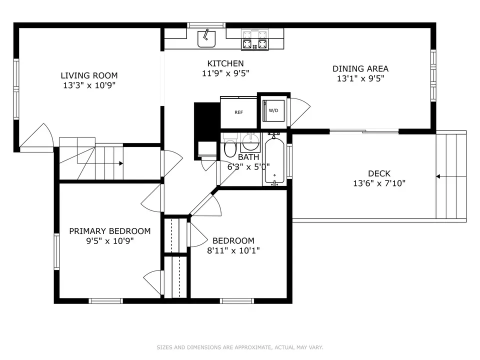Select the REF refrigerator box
pos(239,112)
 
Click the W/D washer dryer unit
pos(273,110)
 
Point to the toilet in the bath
pos(230,145)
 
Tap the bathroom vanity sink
pos(250,142)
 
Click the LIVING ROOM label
pos(89,75)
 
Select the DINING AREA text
pos(360,68)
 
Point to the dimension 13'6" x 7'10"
pos(379,183)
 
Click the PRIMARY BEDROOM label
pos(110,231)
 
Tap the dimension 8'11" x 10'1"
pos(233,250)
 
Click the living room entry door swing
pos(36,137)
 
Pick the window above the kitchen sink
pos(206,25)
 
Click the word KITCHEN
pos(225,63)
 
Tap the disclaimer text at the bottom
pos(240,347)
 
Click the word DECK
pos(379,173)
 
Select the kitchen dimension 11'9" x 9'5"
pos(225,73)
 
